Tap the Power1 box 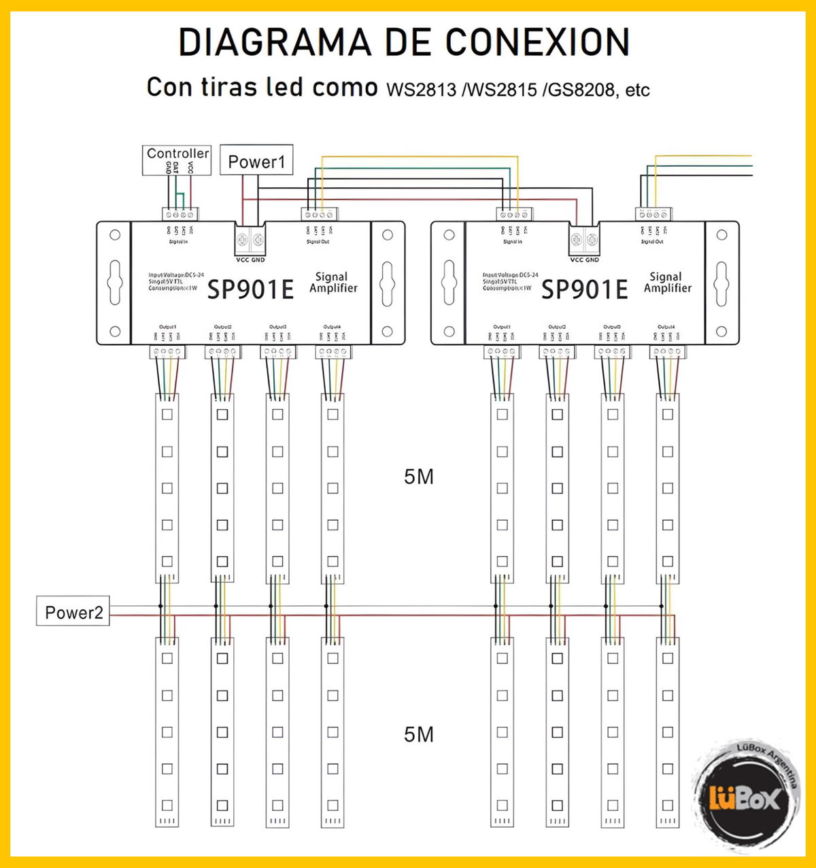256,162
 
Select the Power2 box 73,612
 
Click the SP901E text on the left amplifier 250,289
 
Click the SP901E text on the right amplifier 584,289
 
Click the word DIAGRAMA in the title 275,42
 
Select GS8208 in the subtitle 579,89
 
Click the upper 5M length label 418,477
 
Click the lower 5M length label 418,734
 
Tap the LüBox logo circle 744,797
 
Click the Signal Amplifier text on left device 333,282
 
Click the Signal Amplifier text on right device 667,282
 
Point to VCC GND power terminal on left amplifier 250,240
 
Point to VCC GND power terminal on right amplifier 584,240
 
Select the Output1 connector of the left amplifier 167,351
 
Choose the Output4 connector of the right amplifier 667,351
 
